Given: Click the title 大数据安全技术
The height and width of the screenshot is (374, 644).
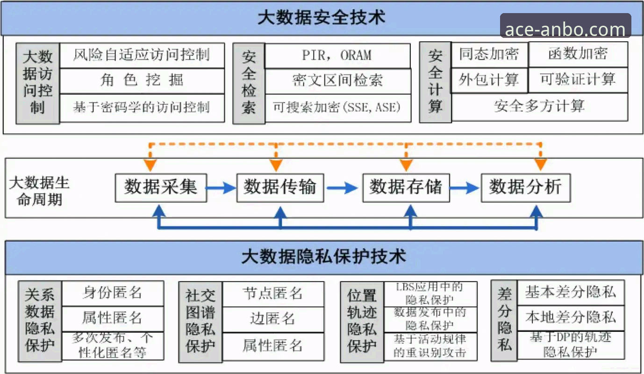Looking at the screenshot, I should click(322, 18).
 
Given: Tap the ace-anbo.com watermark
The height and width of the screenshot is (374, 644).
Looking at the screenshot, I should click(565, 29).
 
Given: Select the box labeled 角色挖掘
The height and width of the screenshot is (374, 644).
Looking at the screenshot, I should click(142, 81).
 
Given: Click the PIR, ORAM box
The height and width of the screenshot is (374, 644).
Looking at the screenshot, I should click(337, 55).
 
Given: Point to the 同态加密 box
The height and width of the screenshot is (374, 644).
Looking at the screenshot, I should click(489, 54).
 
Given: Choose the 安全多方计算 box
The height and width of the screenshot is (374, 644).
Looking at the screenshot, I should click(539, 107).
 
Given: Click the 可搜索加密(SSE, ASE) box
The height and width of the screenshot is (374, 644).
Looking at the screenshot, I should click(337, 108).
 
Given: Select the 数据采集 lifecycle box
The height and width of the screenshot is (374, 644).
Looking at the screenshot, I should click(161, 187).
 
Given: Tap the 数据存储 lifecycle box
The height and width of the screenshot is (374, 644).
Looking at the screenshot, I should click(406, 187).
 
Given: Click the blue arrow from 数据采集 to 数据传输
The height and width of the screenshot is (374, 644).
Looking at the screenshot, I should click(222, 188).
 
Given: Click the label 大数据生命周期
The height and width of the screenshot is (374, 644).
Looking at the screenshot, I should click(39, 191).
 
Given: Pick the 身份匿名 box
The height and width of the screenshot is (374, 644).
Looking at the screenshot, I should click(113, 293).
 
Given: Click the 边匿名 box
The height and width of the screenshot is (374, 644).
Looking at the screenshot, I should click(273, 319).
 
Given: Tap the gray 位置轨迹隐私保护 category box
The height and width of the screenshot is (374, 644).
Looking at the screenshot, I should click(362, 321).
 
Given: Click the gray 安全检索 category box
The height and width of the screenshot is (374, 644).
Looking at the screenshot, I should click(249, 83).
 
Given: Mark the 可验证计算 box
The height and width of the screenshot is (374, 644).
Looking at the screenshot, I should click(578, 79).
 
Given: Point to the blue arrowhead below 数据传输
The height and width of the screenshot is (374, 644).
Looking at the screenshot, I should click(280, 213).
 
